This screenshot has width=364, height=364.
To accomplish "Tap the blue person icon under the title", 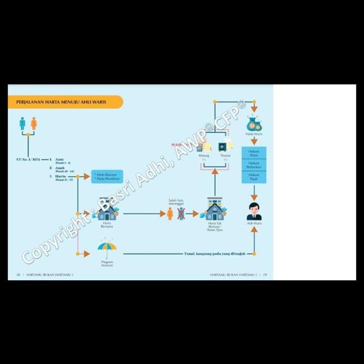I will (22, 123).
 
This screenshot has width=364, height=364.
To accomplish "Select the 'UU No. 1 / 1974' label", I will (28, 160).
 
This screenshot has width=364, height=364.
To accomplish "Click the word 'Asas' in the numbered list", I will (60, 159).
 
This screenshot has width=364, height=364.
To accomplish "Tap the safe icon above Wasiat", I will (222, 148).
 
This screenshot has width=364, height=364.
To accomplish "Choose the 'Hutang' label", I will (203, 156).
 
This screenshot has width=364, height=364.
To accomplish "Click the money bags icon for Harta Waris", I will (254, 123).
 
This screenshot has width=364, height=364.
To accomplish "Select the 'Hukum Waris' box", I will (254, 153).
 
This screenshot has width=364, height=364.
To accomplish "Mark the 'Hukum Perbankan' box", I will (254, 165).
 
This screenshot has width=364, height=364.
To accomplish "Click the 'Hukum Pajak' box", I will (254, 177).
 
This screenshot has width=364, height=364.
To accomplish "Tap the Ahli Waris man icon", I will (254, 211).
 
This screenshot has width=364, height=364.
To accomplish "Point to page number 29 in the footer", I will (265, 275).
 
